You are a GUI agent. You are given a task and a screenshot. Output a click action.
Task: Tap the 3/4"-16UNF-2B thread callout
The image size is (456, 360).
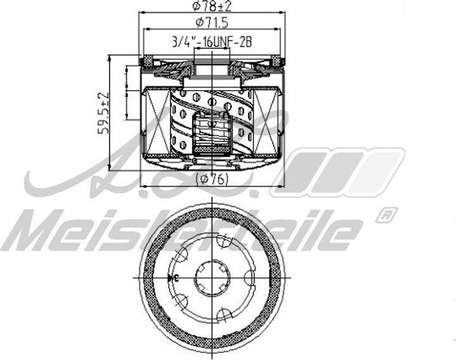tap(213, 42)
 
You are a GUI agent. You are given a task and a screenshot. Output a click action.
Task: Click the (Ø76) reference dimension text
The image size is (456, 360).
tap(212, 179)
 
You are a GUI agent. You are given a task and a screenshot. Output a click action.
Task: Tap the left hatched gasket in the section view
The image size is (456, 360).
tap(147, 61)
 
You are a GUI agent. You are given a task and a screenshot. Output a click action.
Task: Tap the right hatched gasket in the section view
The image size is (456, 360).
tap(276, 61)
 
